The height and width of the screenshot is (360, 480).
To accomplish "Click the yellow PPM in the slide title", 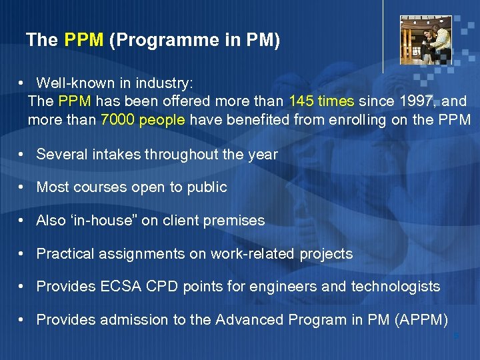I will [83, 41].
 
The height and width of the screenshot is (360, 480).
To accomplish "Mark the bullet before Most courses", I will [22, 187].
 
